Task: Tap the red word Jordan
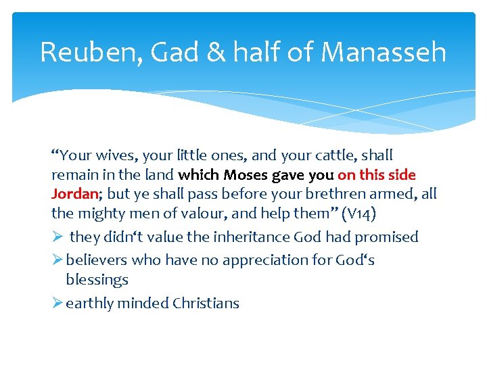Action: pos(74,194)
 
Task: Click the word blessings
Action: pos(97,279)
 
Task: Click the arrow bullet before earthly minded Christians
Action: pos(57,303)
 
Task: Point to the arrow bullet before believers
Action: pos(57,260)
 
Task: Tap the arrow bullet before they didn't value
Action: pos(57,237)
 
